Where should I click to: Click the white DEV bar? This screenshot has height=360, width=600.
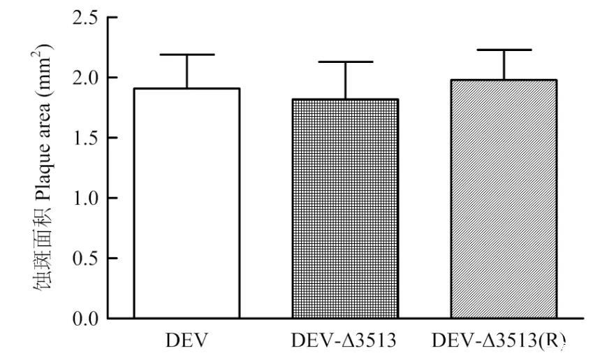(x=186, y=203)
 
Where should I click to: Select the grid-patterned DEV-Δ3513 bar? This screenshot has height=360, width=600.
(x=344, y=208)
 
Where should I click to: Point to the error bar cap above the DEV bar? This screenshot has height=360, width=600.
(x=186, y=55)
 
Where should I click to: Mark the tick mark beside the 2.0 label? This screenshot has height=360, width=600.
(x=112, y=78)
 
